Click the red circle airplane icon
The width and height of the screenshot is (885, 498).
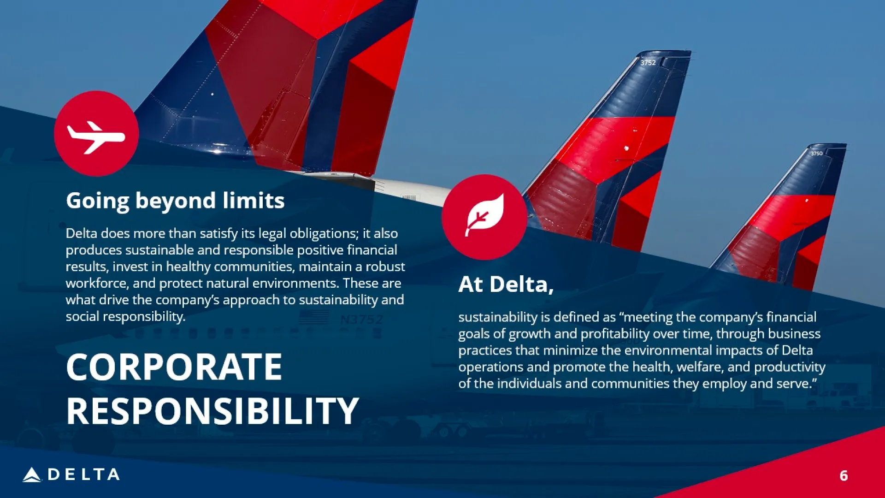click(x=96, y=133)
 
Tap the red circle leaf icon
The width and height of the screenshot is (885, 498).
click(x=484, y=217)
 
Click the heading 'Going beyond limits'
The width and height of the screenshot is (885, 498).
click(x=175, y=201)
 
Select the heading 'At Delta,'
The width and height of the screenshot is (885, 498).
click(x=506, y=285)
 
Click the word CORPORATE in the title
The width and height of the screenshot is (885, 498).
click(x=174, y=367)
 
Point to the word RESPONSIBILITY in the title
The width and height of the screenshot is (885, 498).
click(x=212, y=411)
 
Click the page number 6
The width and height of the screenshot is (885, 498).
click(x=844, y=475)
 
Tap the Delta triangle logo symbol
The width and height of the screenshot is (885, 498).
click(x=32, y=474)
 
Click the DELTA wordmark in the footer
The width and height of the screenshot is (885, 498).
click(x=84, y=474)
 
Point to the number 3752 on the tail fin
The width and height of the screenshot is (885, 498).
click(x=648, y=63)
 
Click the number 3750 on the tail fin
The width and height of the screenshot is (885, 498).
click(x=816, y=154)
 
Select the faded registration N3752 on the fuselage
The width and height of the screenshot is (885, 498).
click(x=361, y=320)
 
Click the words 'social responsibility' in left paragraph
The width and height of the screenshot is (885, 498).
click(x=125, y=317)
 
